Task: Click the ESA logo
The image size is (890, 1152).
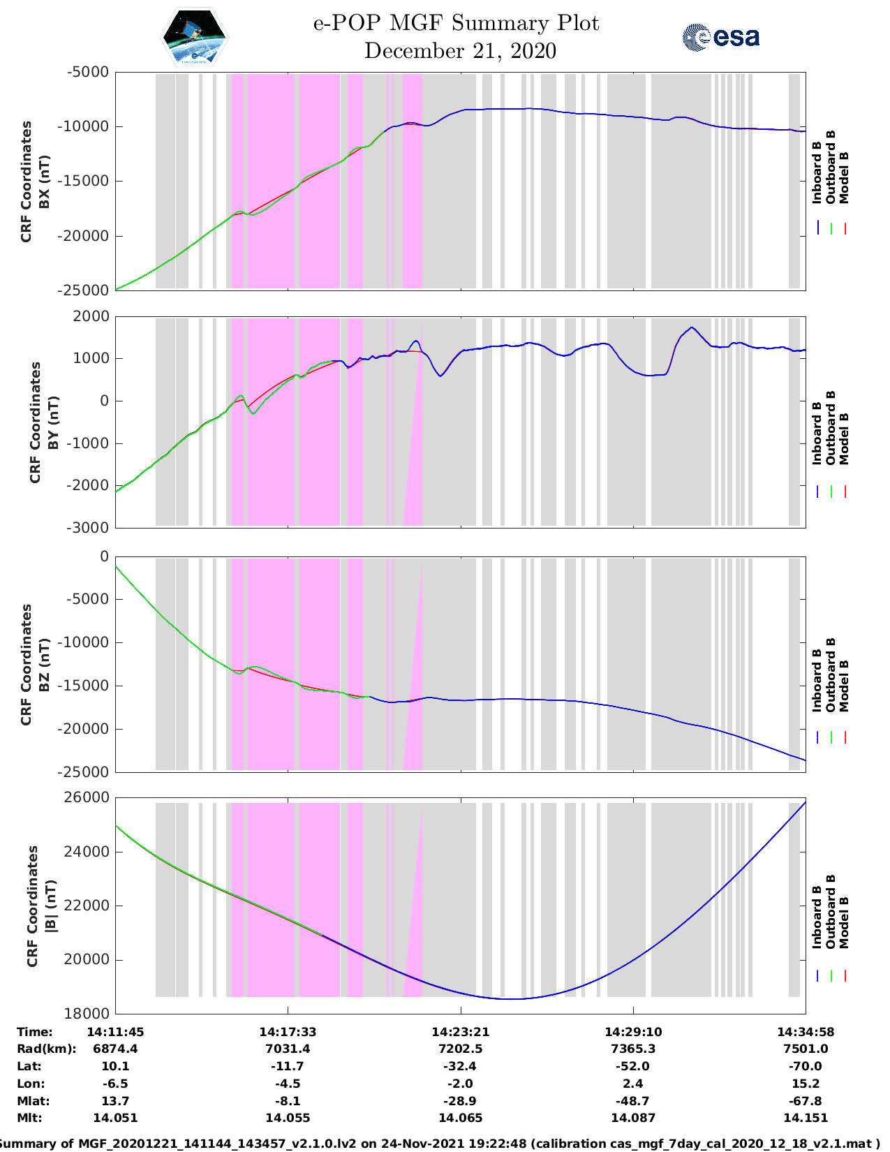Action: tap(720, 37)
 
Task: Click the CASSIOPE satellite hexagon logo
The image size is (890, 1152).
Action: tap(194, 37)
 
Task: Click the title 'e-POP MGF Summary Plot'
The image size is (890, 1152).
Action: tap(456, 23)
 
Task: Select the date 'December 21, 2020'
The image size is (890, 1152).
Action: tap(460, 51)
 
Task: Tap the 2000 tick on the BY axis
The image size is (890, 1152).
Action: tap(91, 316)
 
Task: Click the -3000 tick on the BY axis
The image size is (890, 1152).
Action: tap(87, 528)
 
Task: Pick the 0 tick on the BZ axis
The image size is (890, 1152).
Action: tap(105, 556)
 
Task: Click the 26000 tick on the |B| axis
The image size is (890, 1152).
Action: tap(87, 797)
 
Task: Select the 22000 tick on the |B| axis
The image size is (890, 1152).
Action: tap(87, 906)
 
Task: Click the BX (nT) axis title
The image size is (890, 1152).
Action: tap(45, 182)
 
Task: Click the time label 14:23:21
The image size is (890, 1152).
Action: tap(461, 1032)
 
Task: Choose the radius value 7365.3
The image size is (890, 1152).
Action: tap(633, 1049)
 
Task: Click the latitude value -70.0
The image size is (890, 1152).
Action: tap(805, 1066)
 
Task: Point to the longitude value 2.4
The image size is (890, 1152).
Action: tap(633, 1084)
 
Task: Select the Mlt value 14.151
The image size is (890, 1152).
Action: tap(805, 1118)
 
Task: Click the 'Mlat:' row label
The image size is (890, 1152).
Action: tap(34, 1101)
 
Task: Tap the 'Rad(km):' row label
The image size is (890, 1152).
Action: tap(47, 1049)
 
